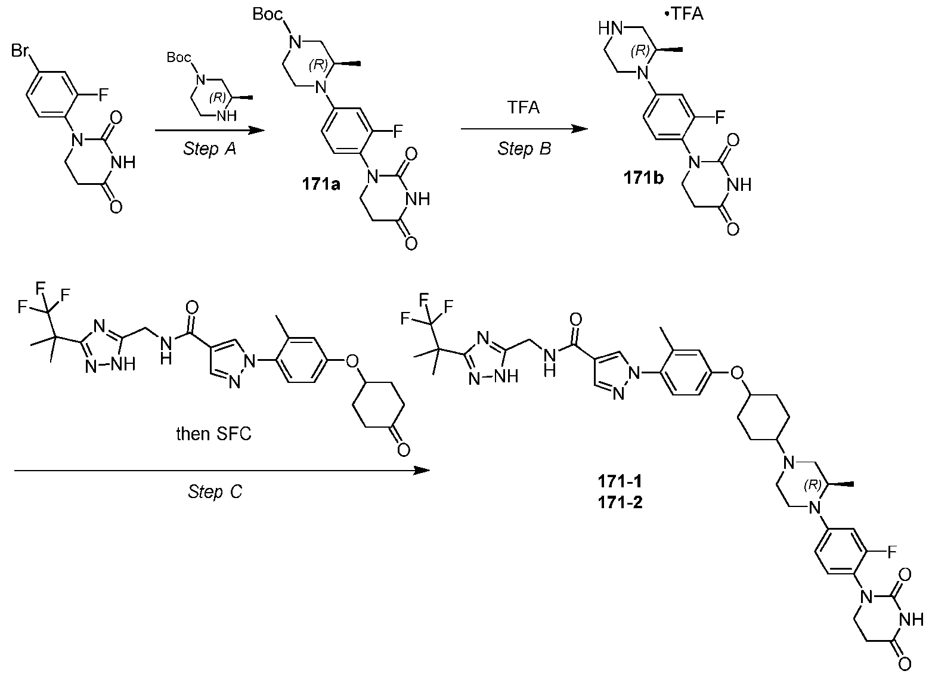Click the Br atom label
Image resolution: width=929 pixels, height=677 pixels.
(x=20, y=51)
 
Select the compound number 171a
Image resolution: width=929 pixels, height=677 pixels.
(x=321, y=184)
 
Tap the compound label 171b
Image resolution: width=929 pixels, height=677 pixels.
(x=643, y=178)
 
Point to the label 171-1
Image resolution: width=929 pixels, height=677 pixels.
(x=620, y=481)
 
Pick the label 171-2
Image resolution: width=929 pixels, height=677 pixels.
(x=620, y=503)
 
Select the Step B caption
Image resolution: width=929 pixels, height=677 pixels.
(x=524, y=149)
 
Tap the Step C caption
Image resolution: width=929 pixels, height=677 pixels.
(x=215, y=492)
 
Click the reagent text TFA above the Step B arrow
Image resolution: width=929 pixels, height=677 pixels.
(x=524, y=107)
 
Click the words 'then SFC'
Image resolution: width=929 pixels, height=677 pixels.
(x=213, y=434)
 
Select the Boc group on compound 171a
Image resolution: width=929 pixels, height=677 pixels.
(x=268, y=14)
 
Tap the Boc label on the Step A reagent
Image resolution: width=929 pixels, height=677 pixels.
(x=179, y=57)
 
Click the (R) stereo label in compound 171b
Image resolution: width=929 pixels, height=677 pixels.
(x=640, y=51)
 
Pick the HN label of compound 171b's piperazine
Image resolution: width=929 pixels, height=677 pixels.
(x=611, y=29)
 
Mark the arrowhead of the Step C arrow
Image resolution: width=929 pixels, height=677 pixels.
(x=422, y=471)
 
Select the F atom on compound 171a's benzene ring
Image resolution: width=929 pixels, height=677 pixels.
(x=398, y=132)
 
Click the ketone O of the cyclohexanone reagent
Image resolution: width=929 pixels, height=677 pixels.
(x=404, y=450)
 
